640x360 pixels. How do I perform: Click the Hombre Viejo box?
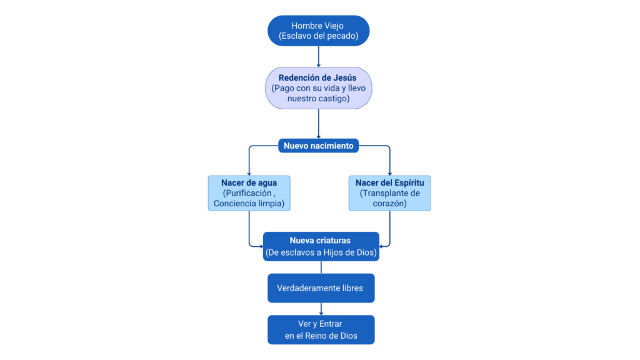click(x=319, y=31)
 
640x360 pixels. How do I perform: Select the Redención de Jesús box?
click(x=319, y=88)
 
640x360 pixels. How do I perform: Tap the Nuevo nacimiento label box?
click(x=319, y=146)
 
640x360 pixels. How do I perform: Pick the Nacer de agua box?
click(x=249, y=193)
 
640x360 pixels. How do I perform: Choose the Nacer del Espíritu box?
click(x=390, y=193)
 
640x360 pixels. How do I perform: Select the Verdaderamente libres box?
click(x=321, y=288)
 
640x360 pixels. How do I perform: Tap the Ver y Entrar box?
click(x=321, y=329)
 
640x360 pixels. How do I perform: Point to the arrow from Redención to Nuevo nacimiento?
click(x=319, y=124)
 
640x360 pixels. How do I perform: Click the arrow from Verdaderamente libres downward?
click(x=321, y=309)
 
